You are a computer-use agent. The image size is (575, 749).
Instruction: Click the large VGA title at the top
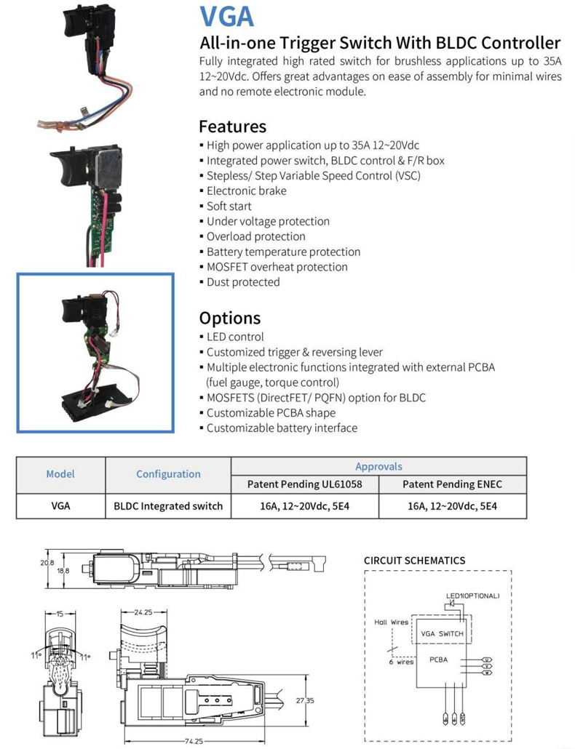click(x=226, y=16)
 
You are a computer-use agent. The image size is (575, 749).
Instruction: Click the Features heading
click(x=232, y=126)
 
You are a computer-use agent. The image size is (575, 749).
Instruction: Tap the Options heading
click(x=229, y=318)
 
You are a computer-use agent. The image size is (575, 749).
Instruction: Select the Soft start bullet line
click(x=229, y=206)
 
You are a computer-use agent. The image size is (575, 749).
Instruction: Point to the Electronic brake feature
click(x=246, y=191)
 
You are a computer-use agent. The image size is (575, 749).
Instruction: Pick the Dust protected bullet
click(x=242, y=282)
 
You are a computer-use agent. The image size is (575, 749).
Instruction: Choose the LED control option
click(x=235, y=337)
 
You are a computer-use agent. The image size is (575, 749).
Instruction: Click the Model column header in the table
click(x=60, y=473)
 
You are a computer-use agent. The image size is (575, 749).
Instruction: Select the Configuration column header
click(x=168, y=473)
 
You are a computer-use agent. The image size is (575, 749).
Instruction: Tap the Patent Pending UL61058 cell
click(x=304, y=484)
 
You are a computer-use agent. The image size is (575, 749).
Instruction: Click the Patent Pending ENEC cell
click(x=452, y=484)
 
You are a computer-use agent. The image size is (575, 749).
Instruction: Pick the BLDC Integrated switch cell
click(x=168, y=505)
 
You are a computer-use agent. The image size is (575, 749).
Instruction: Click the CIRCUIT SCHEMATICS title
click(x=414, y=561)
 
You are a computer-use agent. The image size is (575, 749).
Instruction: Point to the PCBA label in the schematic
click(x=438, y=660)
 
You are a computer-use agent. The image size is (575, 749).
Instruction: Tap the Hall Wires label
click(x=391, y=622)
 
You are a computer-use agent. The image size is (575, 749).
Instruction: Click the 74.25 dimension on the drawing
click(x=193, y=742)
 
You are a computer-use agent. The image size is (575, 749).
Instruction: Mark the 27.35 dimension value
click(x=305, y=701)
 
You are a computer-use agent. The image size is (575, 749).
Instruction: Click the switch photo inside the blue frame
click(x=95, y=352)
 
